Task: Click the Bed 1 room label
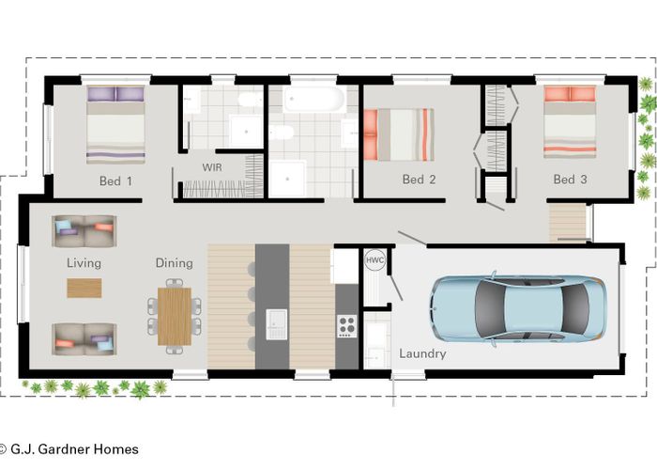(x=115, y=180)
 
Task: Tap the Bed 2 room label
(x=419, y=180)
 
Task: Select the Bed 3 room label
(x=569, y=180)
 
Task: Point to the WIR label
(x=211, y=166)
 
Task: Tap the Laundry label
(x=422, y=354)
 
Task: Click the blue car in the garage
(x=517, y=308)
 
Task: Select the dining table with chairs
(x=174, y=316)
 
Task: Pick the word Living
(x=84, y=263)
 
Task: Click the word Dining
(x=174, y=263)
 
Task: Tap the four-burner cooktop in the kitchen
(x=345, y=325)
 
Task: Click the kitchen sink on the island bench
(x=276, y=323)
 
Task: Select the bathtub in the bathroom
(x=314, y=99)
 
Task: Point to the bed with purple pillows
(x=115, y=125)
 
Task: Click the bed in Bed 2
(x=398, y=134)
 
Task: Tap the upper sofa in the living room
(x=84, y=228)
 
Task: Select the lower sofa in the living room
(x=84, y=339)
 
